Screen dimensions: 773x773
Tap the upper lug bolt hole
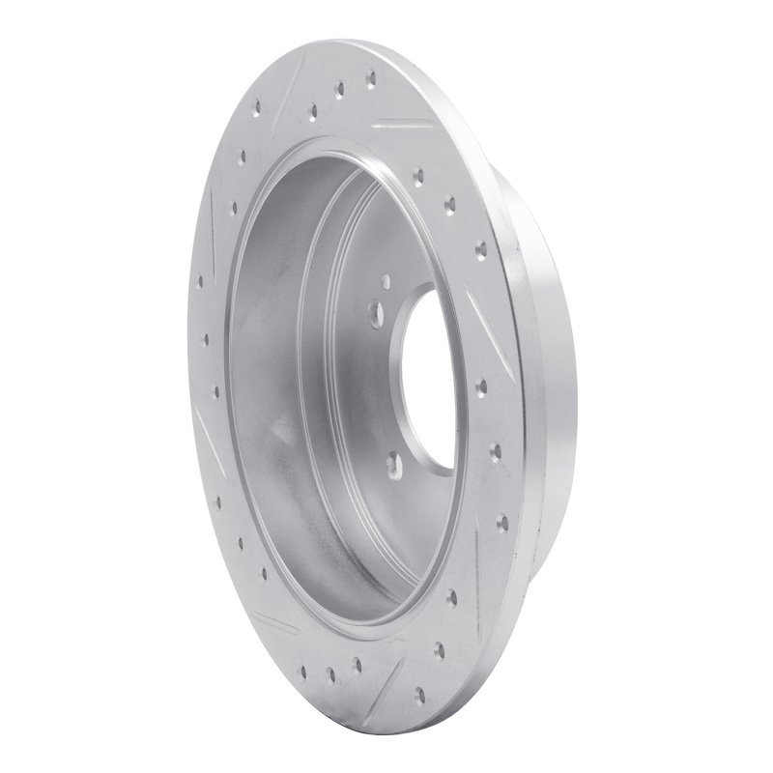(375, 311)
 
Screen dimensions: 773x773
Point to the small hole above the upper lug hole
(386, 281)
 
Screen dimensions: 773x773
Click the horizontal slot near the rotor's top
(401, 125)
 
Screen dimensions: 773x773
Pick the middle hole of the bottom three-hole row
(329, 674)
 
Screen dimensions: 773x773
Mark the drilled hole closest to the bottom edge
(418, 693)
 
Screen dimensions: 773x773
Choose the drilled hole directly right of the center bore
(481, 387)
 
